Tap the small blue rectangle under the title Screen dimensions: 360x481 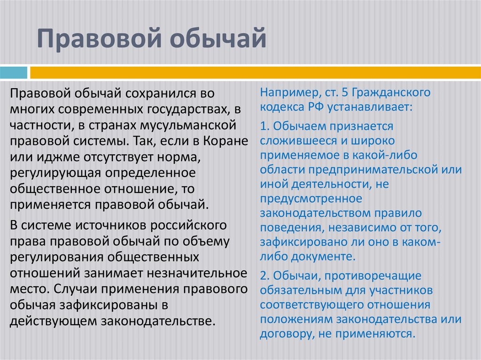[x=14, y=73]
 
